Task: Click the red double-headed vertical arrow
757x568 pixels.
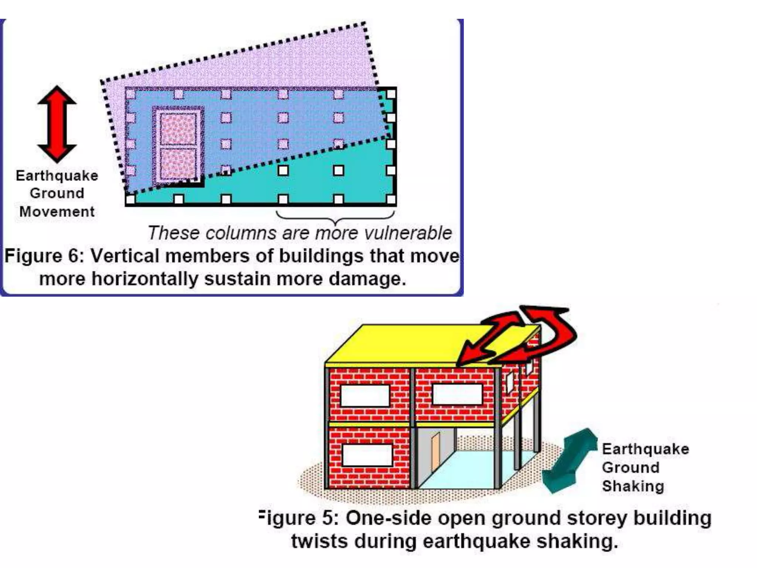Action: click(x=57, y=124)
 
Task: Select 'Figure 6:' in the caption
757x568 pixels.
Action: click(x=44, y=256)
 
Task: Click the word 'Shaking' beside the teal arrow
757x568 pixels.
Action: click(x=633, y=486)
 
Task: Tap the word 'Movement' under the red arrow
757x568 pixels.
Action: click(x=57, y=212)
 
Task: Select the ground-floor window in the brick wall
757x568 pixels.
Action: click(x=367, y=455)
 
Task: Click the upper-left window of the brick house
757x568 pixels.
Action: click(x=365, y=395)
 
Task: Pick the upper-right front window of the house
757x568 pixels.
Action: click(x=457, y=394)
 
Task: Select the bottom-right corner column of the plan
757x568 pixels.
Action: click(x=391, y=200)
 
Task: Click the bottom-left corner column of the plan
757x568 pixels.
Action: click(x=130, y=200)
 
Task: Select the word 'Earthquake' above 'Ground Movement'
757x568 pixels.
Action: click(x=57, y=176)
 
